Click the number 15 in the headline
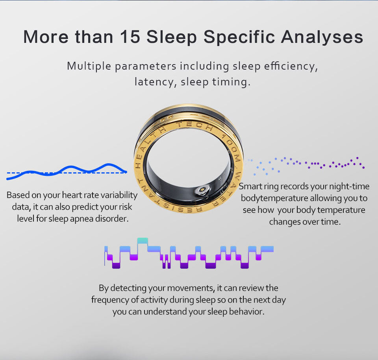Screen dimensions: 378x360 coord(130,37)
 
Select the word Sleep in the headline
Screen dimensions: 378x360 coord(172,37)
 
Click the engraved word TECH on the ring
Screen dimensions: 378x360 coord(195,126)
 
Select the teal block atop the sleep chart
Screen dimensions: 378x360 coord(143,241)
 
